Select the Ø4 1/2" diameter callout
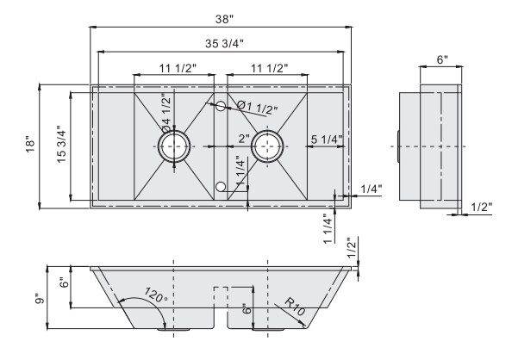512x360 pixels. point(167,109)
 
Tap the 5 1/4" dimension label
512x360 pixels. point(327,139)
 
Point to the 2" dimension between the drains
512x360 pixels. point(244,139)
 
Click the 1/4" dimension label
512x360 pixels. point(372,189)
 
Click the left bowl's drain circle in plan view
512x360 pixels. point(173,146)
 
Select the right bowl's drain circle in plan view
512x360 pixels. point(268,146)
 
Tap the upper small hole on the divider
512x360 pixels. point(221,107)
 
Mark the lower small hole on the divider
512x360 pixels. point(221,186)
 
